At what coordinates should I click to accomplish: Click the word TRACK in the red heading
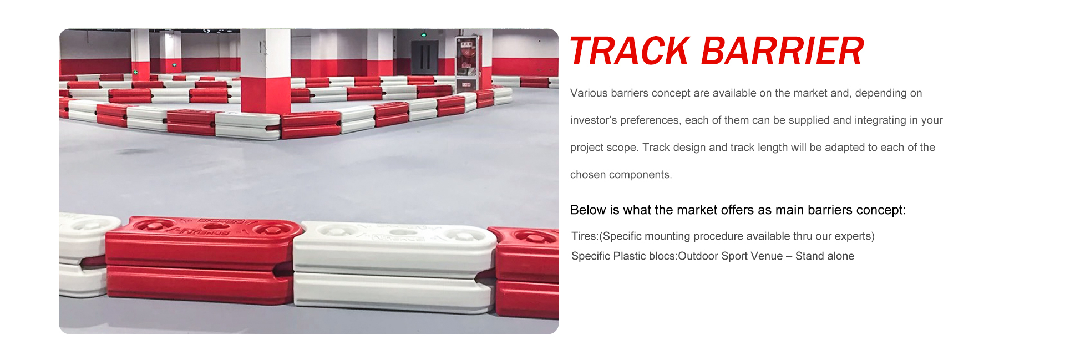point(630,51)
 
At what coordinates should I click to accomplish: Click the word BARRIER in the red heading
point(783,51)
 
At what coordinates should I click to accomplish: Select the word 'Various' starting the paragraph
point(589,93)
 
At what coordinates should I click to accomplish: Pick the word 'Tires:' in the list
point(585,236)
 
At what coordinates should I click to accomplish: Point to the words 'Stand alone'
point(825,256)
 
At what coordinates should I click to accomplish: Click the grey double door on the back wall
point(424,57)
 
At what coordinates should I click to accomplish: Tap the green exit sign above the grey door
point(424,34)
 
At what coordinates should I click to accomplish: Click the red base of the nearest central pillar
point(265,95)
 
